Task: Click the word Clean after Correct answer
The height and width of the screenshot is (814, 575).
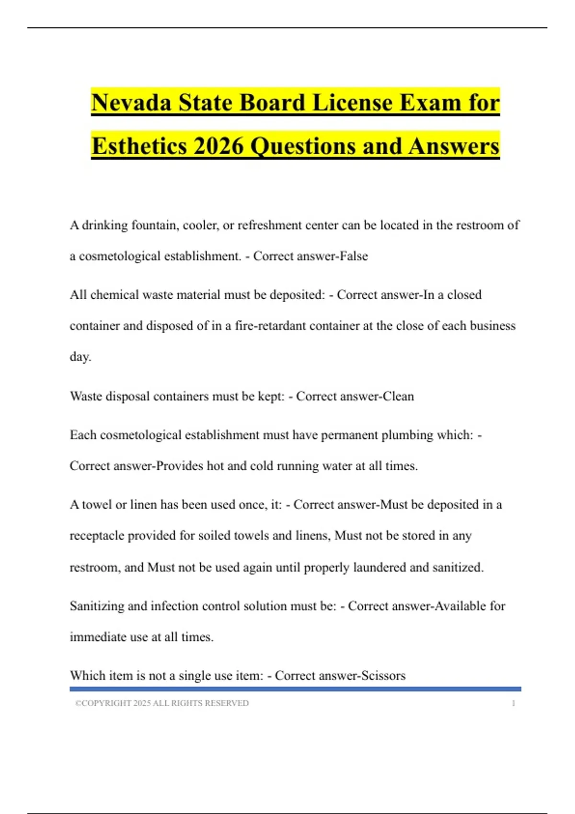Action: pos(398,396)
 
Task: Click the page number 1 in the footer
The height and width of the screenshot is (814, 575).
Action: pos(513,703)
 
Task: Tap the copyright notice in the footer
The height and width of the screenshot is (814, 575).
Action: pos(162,703)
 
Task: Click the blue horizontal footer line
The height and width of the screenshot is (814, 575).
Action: pos(295,689)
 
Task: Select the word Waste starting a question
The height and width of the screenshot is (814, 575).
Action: pos(85,396)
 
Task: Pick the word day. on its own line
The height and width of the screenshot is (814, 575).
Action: pos(80,357)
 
